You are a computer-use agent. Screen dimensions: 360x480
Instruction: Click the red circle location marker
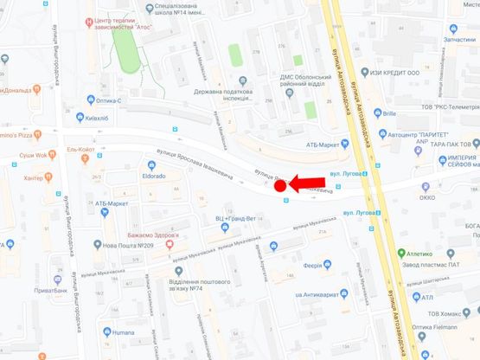pos(280,185)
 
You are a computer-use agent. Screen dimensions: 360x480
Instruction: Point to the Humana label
pos(126,331)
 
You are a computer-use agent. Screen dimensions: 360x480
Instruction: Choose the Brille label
pos(388,112)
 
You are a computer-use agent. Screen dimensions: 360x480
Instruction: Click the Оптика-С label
pos(131,100)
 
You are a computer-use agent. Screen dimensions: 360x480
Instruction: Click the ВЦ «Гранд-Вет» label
pos(234,219)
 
